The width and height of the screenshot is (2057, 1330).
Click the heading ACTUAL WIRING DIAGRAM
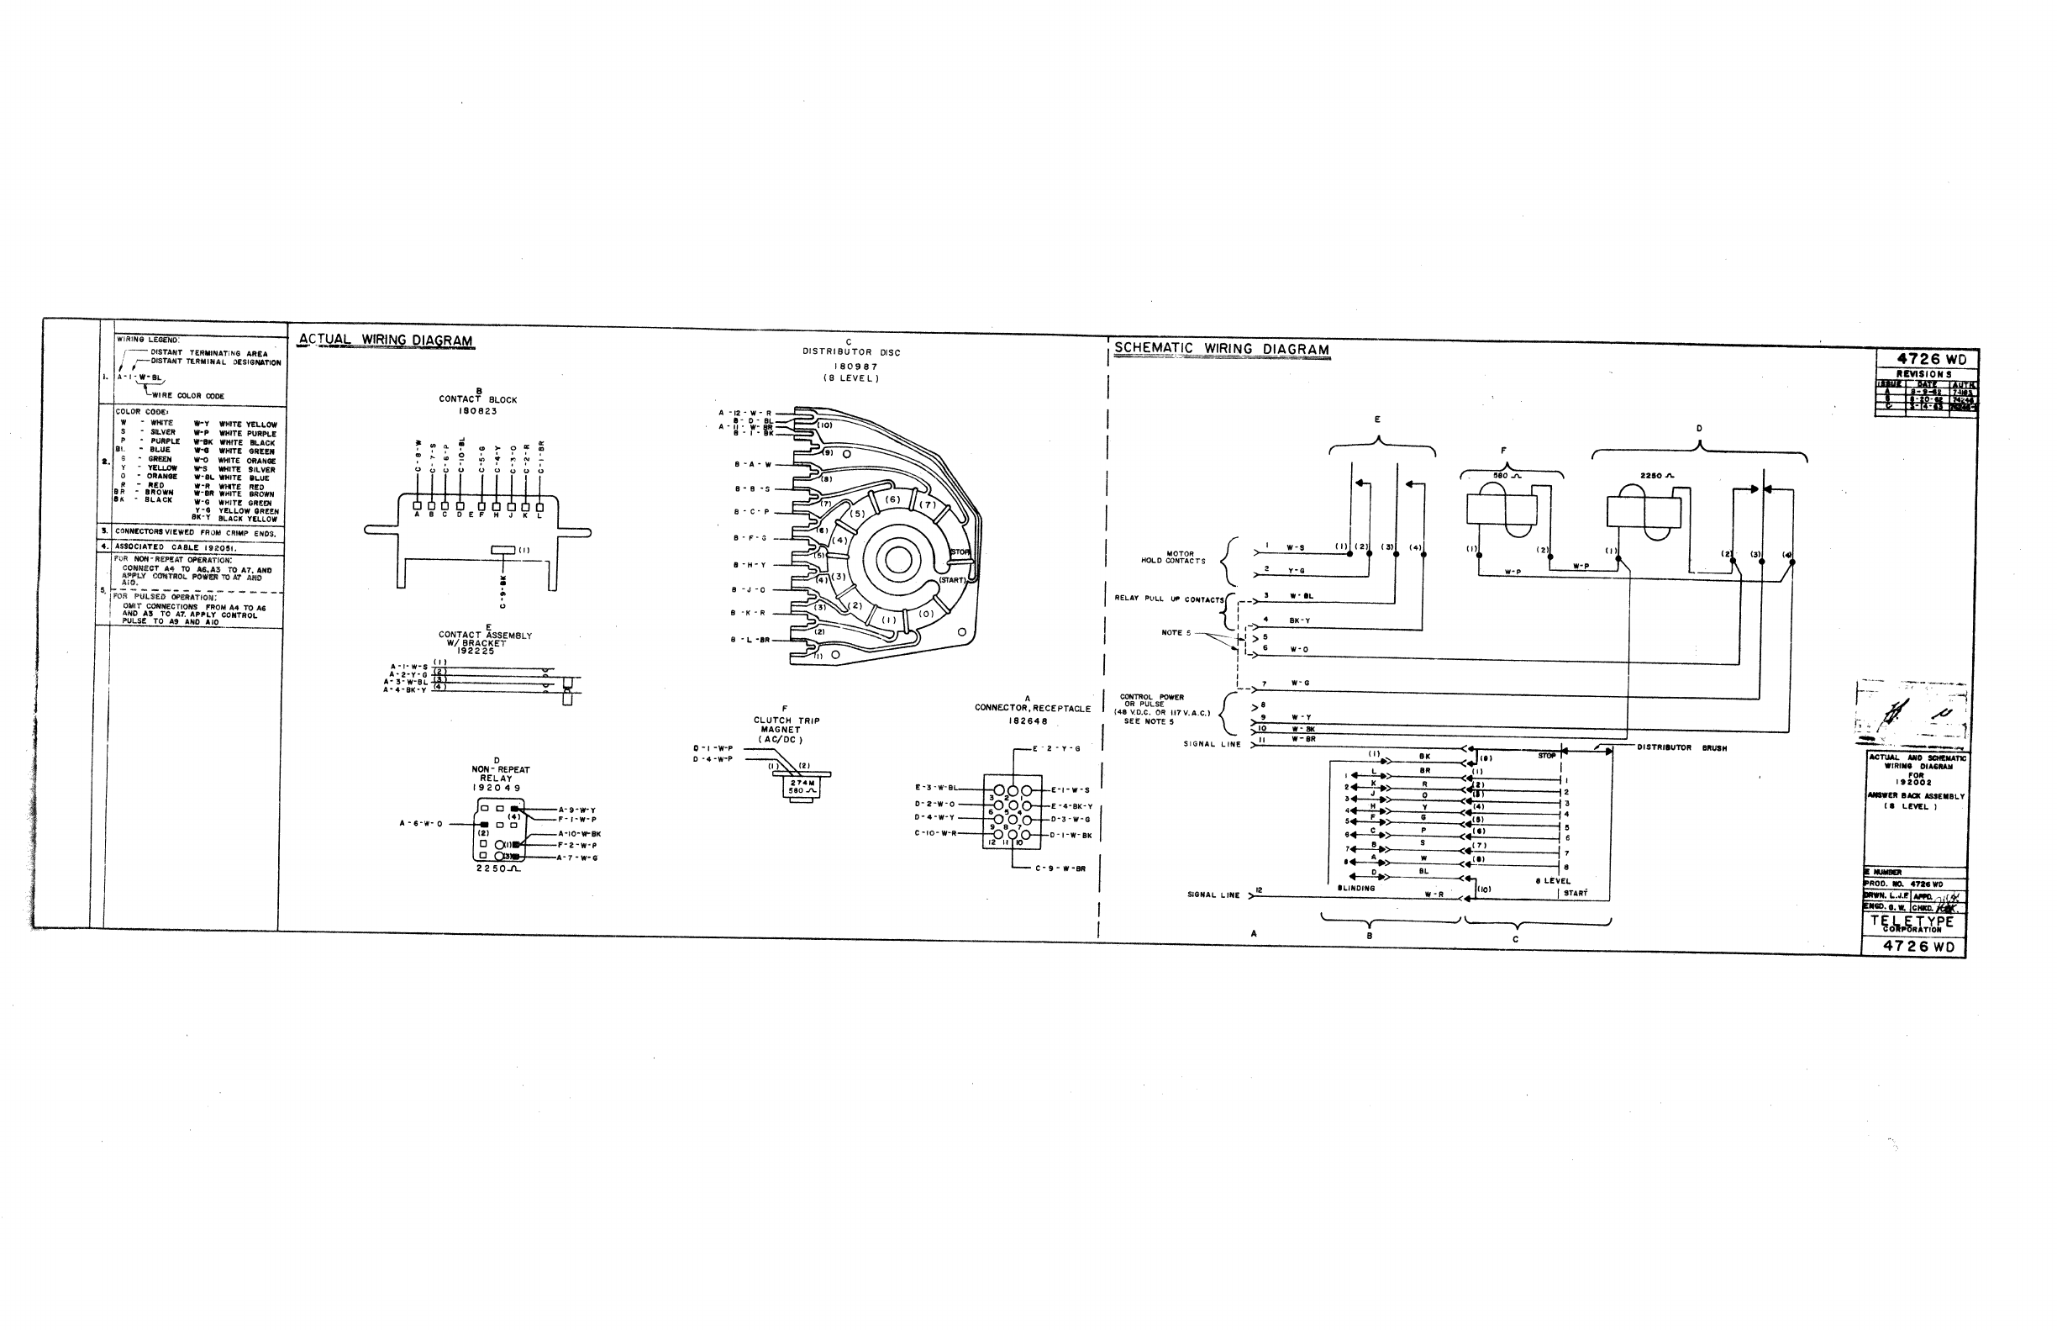[x=385, y=340]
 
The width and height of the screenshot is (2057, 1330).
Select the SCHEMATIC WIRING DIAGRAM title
[x=1221, y=349]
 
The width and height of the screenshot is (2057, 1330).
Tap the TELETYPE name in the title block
[x=1911, y=921]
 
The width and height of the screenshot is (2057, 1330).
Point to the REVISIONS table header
[x=1924, y=374]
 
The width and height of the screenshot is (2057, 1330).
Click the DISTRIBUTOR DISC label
[x=850, y=352]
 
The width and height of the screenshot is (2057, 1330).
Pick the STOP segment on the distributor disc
[x=960, y=552]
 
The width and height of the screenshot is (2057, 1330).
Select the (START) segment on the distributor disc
[x=952, y=580]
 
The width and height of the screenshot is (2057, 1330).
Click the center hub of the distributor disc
[x=897, y=561]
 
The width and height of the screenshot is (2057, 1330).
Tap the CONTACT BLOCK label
[x=477, y=400]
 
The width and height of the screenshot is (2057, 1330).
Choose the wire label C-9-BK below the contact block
[x=503, y=588]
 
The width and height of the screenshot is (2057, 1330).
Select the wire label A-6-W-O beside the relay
[x=421, y=824]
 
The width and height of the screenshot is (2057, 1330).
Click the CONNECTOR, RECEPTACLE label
[x=1033, y=708]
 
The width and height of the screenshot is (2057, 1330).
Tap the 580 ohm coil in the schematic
[x=1501, y=509]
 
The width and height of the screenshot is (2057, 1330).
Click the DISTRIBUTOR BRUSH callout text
[x=1681, y=748]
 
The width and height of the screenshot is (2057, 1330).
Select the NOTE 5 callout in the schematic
[x=1176, y=633]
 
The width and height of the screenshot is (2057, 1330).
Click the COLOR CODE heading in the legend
[x=143, y=412]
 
